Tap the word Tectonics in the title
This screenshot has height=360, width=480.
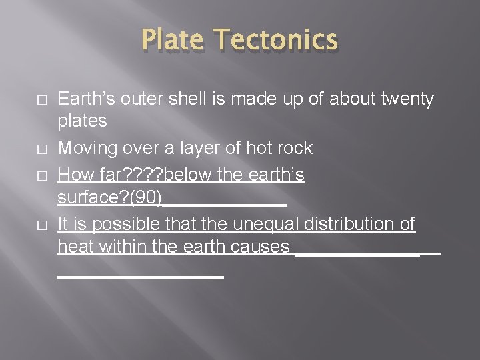[277, 39]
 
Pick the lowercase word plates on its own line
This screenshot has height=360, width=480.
[82, 121]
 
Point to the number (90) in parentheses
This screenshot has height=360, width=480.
[147, 197]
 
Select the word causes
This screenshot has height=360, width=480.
[260, 247]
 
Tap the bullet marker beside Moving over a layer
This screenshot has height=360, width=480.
[42, 148]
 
